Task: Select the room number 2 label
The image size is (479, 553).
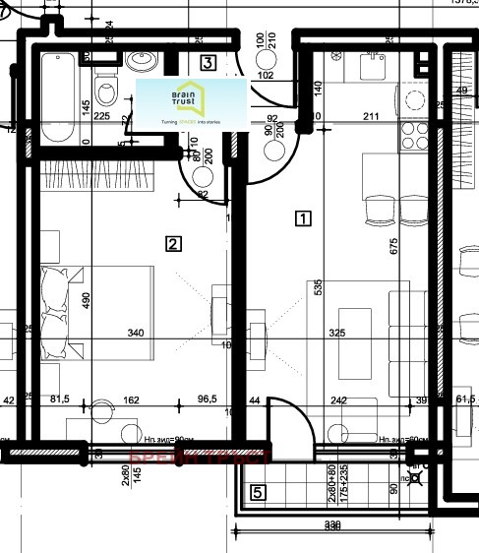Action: pos(173,243)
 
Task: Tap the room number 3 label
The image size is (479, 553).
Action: pos(208,63)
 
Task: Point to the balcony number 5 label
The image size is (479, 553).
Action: pos(257,493)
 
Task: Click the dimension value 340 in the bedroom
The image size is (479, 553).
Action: pos(136,334)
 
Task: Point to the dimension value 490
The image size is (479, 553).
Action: pos(86,300)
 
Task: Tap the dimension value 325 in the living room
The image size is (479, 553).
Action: pos(337,334)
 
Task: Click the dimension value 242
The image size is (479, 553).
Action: pos(340,400)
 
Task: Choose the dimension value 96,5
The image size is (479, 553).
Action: pos(206,400)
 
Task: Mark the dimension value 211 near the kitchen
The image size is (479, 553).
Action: pos(371,117)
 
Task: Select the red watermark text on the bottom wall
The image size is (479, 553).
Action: pos(200,456)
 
